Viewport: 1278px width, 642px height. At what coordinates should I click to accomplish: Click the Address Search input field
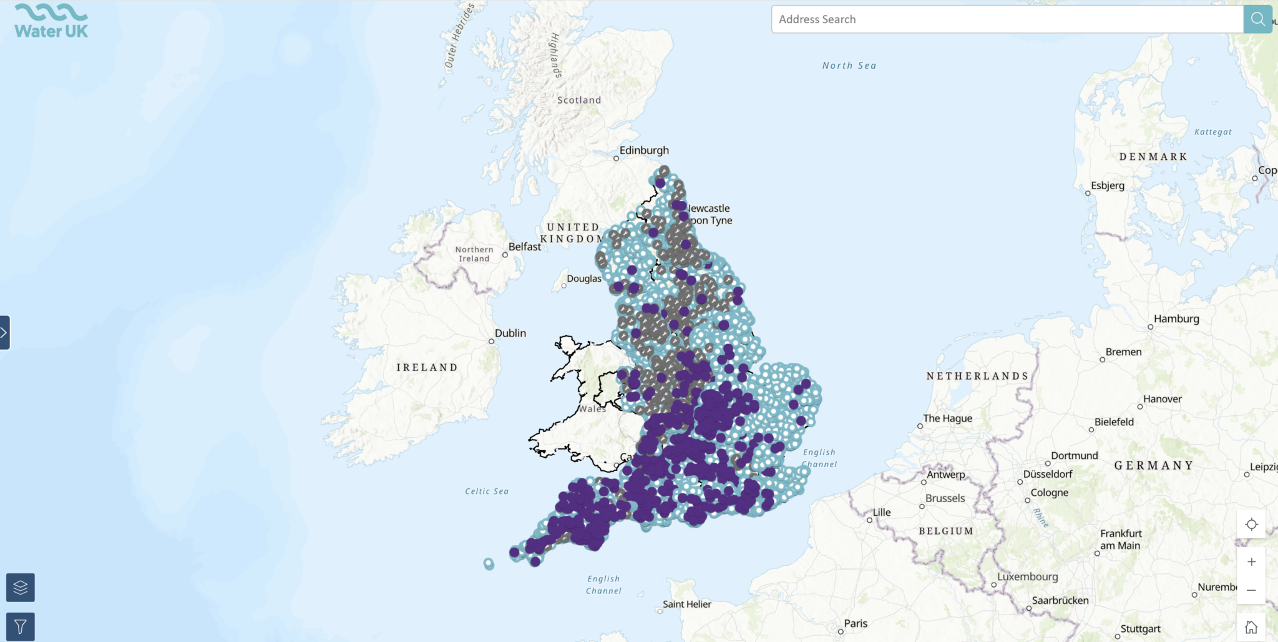point(1007,19)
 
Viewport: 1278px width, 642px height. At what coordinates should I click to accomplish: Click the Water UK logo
point(51,21)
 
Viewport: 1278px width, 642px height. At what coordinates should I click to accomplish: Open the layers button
point(21,588)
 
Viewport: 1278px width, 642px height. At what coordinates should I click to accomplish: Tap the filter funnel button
point(21,626)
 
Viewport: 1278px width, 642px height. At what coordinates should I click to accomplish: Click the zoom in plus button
point(1251,562)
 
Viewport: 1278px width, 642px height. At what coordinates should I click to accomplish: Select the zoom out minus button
point(1251,590)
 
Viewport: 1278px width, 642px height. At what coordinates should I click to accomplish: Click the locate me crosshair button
point(1251,525)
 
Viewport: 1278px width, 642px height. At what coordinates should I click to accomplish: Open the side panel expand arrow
point(4,332)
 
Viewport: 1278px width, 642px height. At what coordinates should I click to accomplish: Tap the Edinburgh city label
point(644,151)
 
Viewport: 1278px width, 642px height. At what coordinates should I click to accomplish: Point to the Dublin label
point(510,333)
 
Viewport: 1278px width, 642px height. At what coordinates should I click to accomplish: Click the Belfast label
point(525,247)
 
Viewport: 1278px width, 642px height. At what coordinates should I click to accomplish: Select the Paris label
point(856,623)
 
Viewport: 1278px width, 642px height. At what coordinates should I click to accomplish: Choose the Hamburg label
point(1176,319)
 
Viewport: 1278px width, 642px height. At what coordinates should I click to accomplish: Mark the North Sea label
point(849,66)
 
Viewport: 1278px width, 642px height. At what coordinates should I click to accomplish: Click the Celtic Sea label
point(487,491)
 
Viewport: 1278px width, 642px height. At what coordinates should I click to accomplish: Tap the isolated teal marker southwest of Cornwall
point(489,564)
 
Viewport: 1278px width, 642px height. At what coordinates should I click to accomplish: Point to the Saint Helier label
point(686,605)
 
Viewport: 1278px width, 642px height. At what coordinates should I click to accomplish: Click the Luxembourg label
point(1027,577)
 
